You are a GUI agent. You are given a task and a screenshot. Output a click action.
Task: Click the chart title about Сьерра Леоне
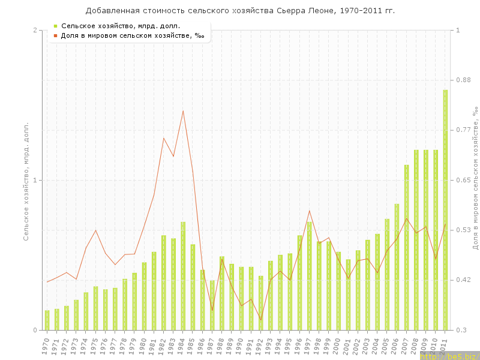click(240, 11)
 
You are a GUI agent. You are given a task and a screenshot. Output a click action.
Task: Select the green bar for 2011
click(445, 210)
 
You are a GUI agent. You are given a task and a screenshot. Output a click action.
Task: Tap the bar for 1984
click(183, 276)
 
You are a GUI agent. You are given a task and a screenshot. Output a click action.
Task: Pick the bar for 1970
click(47, 320)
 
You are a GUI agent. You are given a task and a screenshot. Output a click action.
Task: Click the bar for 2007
click(406, 247)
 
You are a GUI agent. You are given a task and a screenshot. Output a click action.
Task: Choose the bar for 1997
click(309, 276)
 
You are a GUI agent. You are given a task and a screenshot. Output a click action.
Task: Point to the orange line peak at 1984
click(183, 111)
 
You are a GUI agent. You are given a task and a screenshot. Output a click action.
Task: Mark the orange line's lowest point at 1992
click(260, 320)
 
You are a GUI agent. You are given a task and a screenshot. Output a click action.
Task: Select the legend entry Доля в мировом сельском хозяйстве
click(132, 35)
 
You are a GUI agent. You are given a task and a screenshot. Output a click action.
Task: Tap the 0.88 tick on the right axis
click(464, 80)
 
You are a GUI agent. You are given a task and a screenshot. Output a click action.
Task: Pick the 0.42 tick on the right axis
click(464, 280)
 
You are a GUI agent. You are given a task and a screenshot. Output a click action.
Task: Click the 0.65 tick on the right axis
click(464, 180)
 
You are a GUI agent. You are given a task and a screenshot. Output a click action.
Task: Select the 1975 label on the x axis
click(94, 346)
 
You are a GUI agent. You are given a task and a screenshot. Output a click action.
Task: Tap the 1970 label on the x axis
click(46, 346)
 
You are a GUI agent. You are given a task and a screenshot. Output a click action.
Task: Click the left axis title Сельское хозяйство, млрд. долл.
click(26, 180)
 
